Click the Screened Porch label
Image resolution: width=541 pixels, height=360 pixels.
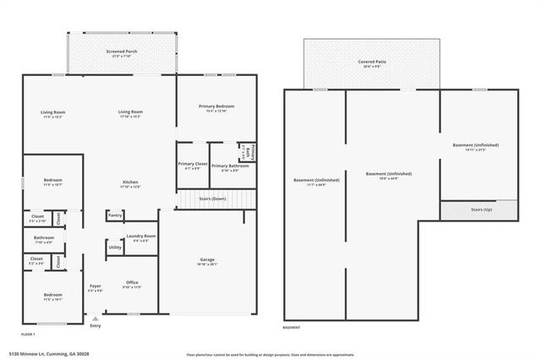[x=123, y=51]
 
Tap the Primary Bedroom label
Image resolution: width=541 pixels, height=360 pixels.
[x=216, y=105]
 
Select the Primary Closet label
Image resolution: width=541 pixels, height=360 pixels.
[x=192, y=163]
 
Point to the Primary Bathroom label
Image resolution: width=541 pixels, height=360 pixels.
[x=230, y=166]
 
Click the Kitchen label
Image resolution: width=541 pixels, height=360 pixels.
[x=130, y=182]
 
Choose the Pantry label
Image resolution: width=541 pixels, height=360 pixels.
[x=115, y=215]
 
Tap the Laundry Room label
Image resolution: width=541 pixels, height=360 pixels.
[x=141, y=236]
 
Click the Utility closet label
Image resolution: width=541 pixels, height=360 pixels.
[x=115, y=247]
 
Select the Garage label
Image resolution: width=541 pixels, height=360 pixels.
[x=207, y=259]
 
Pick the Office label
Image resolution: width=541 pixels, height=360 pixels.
[x=132, y=282]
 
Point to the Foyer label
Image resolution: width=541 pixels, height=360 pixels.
[x=96, y=286]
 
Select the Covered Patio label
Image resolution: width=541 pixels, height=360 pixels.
[x=371, y=62]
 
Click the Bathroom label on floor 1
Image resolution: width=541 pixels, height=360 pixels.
[x=44, y=237]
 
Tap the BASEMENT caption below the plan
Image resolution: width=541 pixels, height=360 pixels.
[x=292, y=327]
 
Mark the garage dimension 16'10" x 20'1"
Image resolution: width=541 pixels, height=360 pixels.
[x=207, y=265]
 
